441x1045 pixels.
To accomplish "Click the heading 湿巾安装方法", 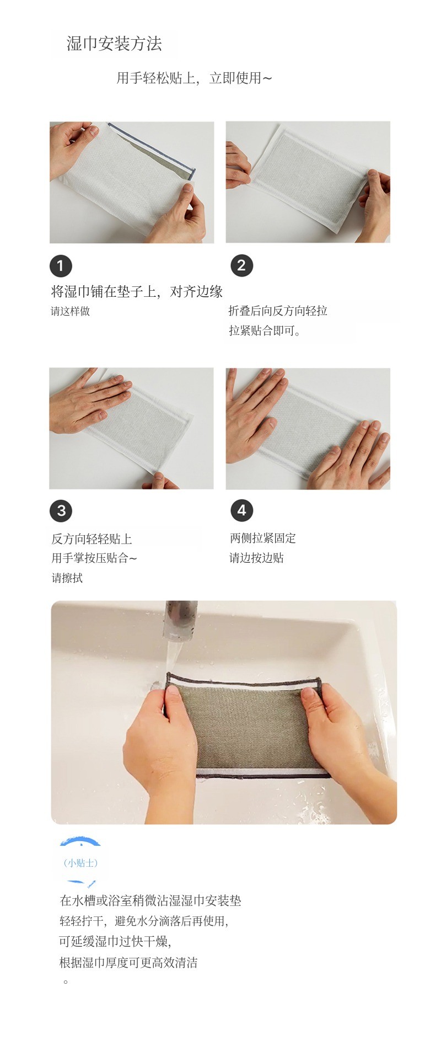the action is [x=114, y=44].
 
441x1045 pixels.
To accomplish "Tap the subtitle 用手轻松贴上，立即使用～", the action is [x=194, y=78].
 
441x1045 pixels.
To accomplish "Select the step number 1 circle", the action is [x=61, y=266].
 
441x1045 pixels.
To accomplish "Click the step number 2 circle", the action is [x=241, y=265].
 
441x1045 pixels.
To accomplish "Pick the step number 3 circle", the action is [x=61, y=510].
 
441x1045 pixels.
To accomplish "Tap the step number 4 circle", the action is [x=241, y=510].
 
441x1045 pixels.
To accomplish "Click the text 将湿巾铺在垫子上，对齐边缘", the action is [x=137, y=291].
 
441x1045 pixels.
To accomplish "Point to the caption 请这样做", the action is [x=70, y=311].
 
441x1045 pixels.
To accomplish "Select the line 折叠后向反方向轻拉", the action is [x=278, y=311].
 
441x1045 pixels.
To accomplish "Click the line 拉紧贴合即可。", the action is [x=265, y=331].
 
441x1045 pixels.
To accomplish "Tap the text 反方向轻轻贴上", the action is [x=92, y=539].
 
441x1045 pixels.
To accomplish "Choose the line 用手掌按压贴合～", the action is [x=94, y=558].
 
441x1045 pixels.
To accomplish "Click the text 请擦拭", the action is [x=67, y=578].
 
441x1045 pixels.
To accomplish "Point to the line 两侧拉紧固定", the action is [x=263, y=538].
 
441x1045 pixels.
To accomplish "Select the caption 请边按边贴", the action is [x=256, y=558].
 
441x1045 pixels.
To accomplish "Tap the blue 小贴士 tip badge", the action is [x=81, y=862].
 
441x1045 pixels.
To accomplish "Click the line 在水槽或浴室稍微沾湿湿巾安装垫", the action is [x=150, y=901].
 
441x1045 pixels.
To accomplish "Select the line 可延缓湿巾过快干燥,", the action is [x=115, y=941].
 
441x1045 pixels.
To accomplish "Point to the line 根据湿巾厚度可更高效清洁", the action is [x=128, y=963].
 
